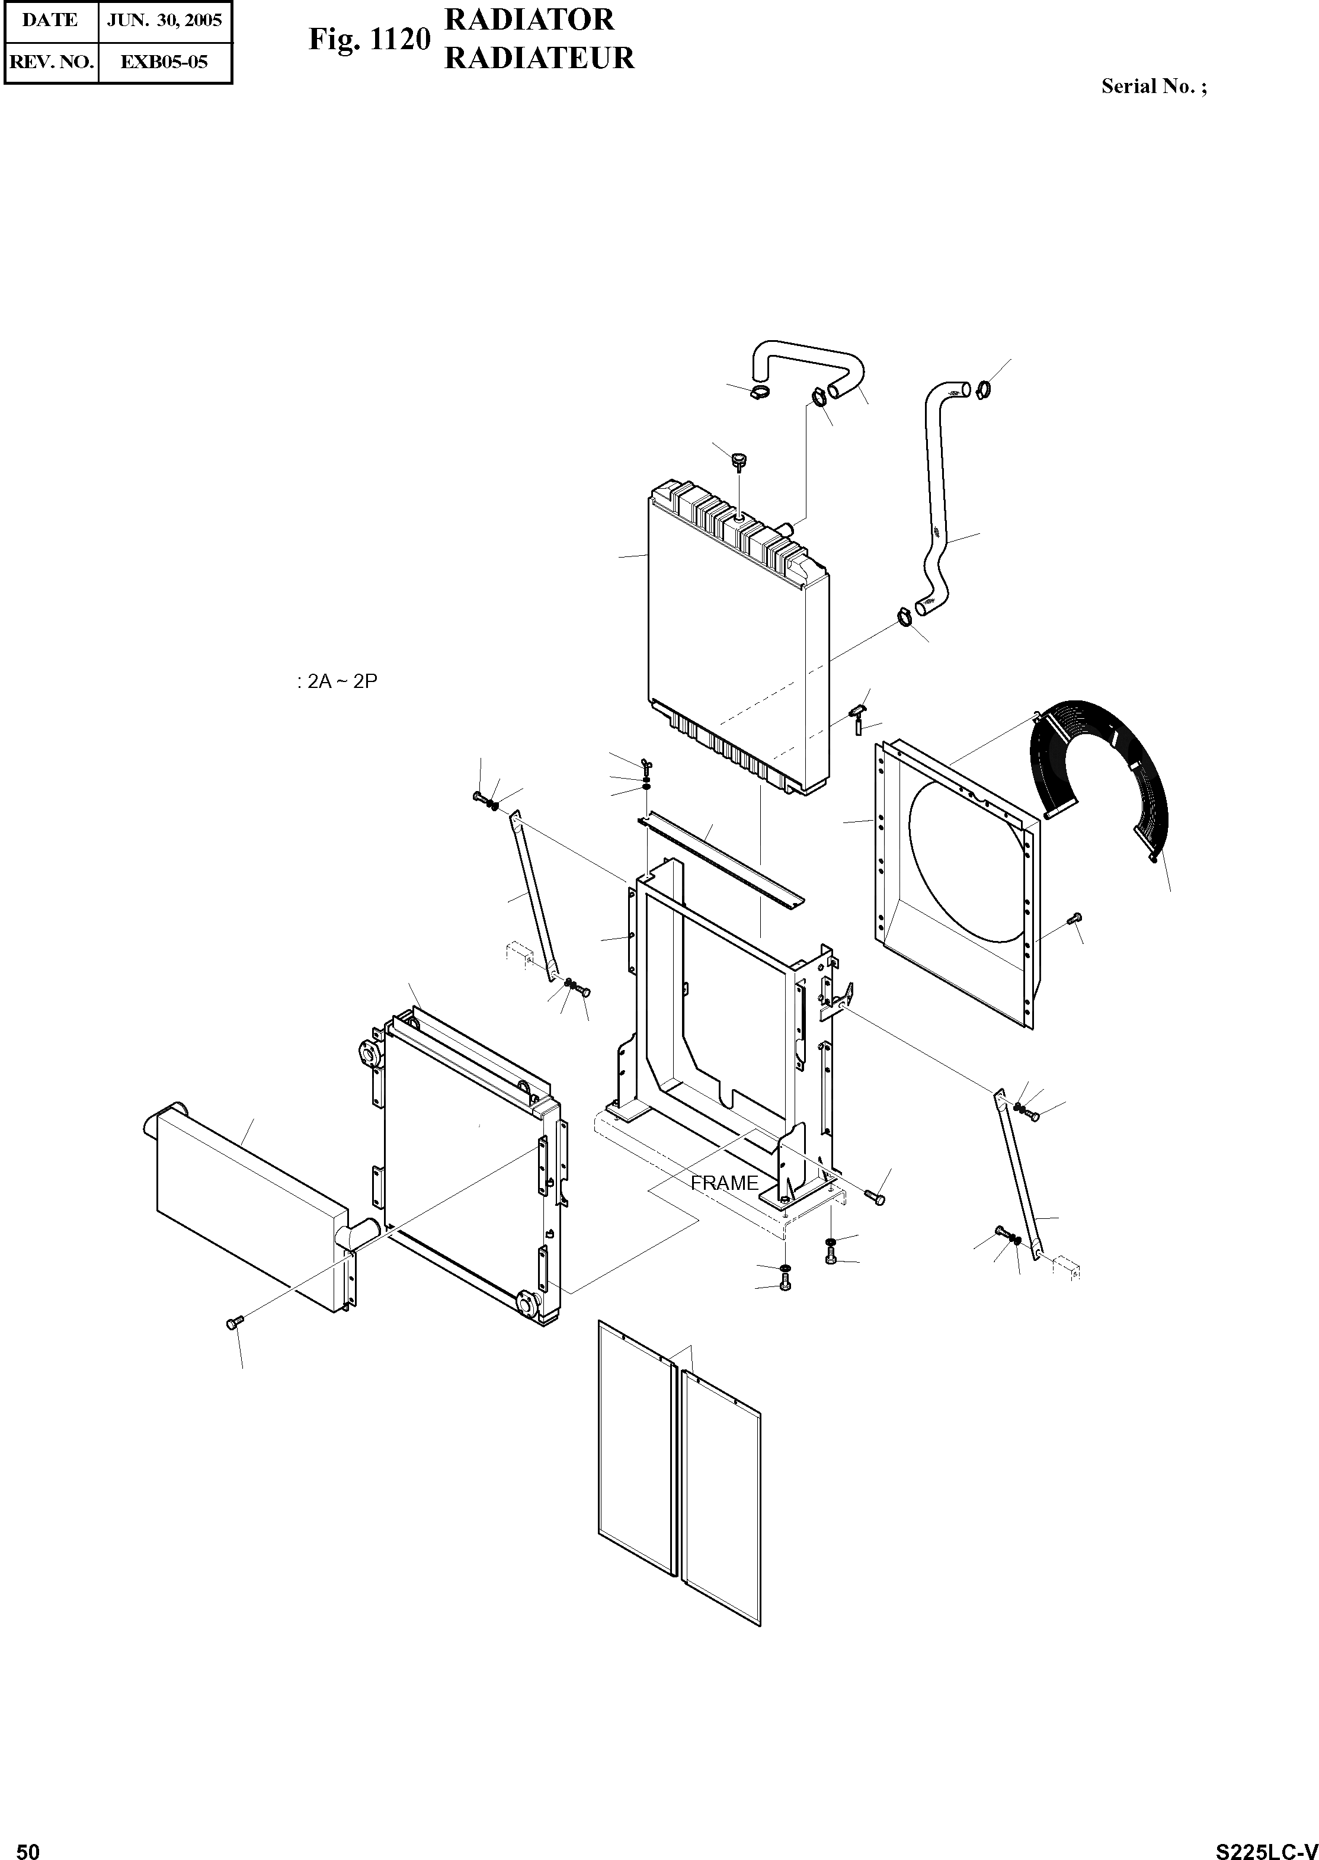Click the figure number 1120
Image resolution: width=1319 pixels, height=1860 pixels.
[x=398, y=39]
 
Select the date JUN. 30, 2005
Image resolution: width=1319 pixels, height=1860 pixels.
[x=165, y=20]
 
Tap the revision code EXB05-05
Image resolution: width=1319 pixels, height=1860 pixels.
[x=164, y=62]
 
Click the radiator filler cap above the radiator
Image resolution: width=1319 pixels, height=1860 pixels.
[x=738, y=463]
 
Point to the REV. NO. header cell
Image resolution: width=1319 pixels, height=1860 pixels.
[x=50, y=62]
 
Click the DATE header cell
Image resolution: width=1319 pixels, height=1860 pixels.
[x=50, y=20]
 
